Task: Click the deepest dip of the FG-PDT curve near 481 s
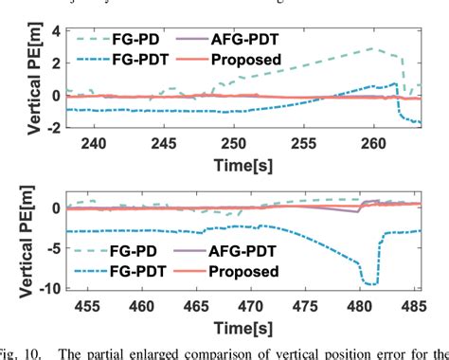[369, 283]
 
